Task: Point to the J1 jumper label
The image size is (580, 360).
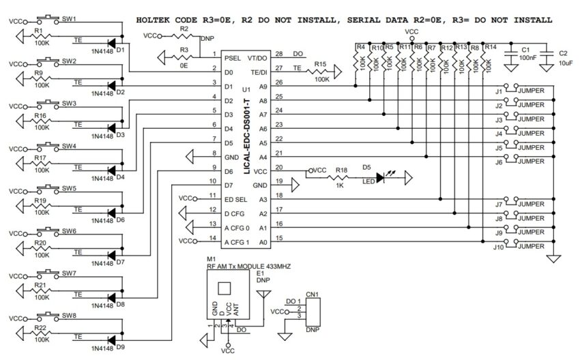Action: (x=499, y=90)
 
